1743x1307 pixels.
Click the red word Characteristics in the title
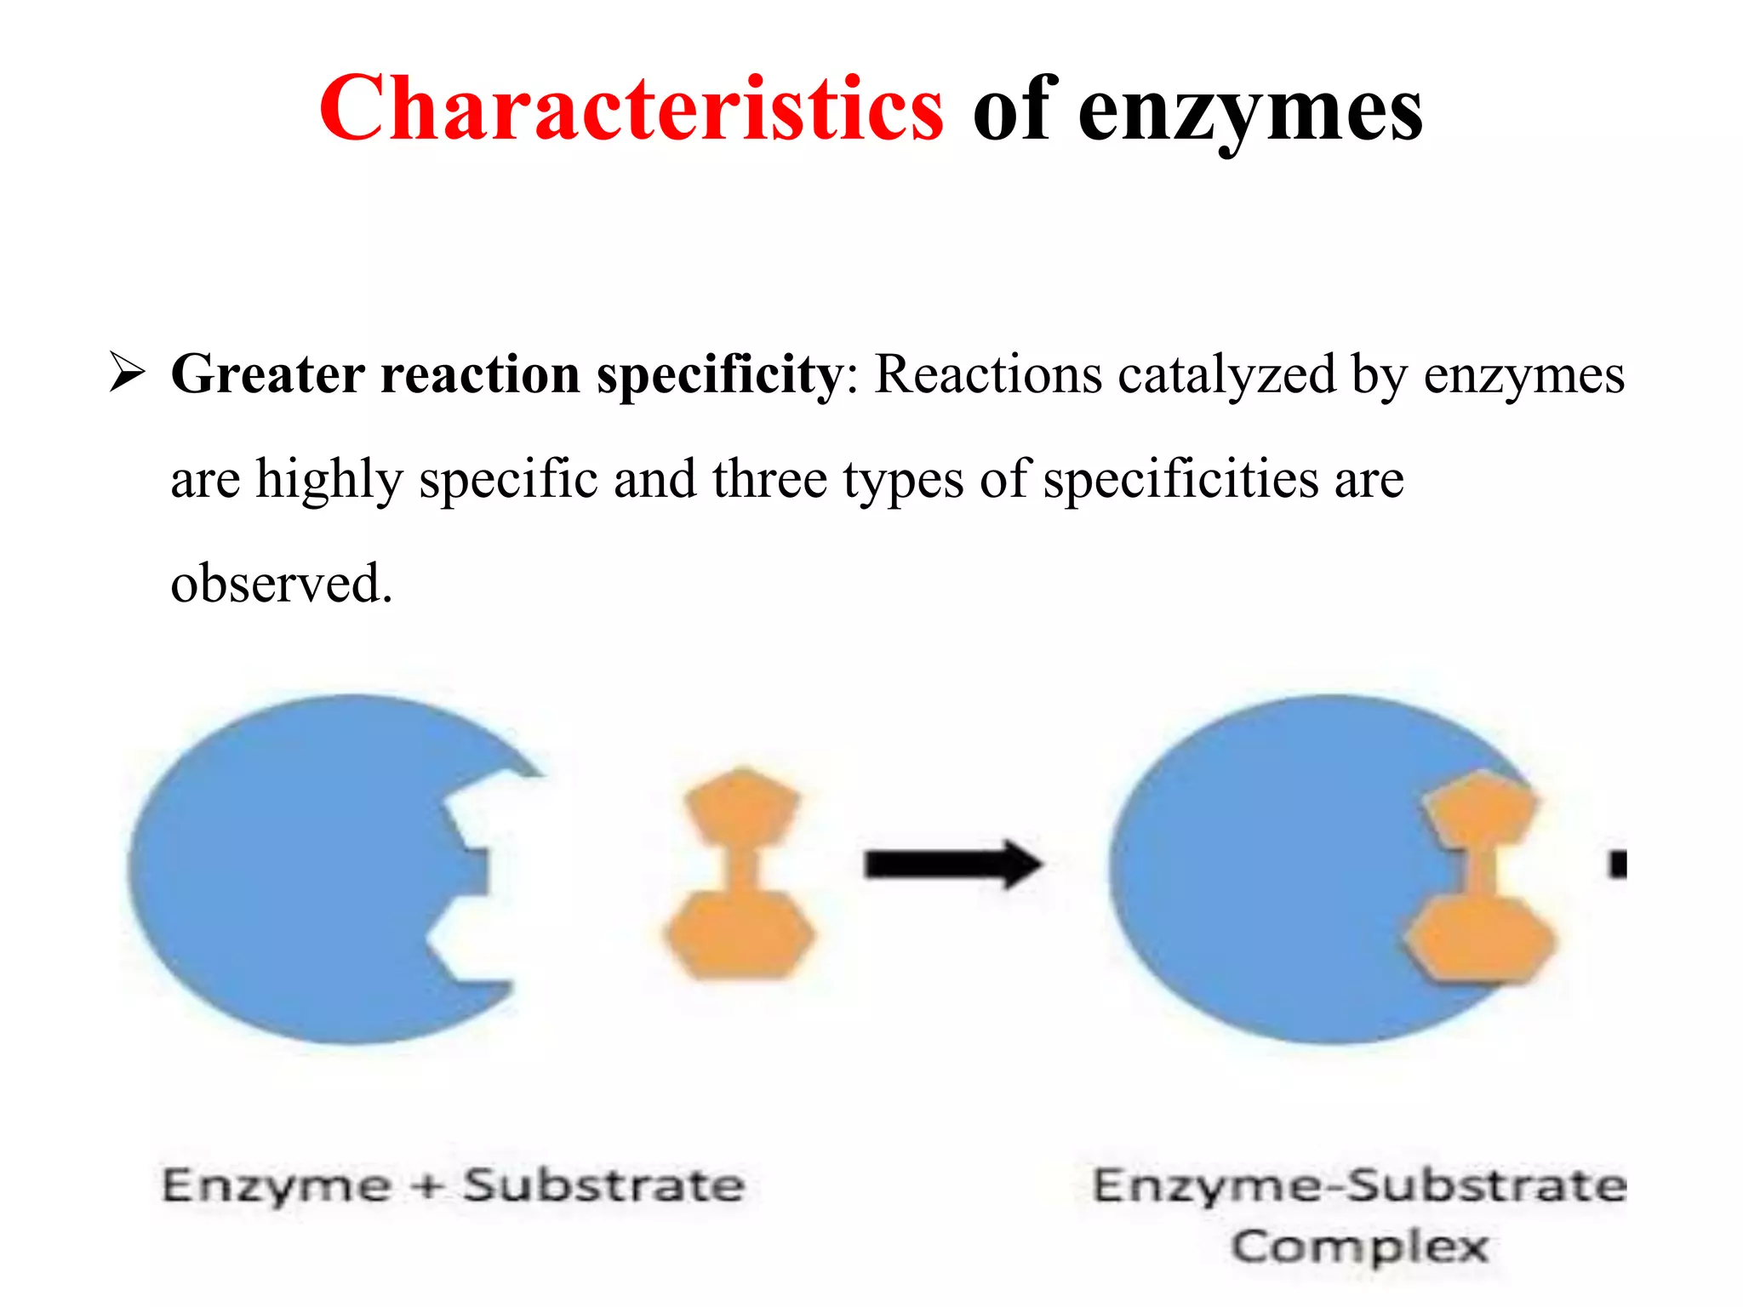pos(631,109)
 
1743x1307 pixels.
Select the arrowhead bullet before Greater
pos(127,374)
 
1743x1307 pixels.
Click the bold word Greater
pos(268,374)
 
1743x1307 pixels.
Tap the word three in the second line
pos(769,479)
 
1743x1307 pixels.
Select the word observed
pos(281,584)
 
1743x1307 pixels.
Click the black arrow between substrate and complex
pos(952,865)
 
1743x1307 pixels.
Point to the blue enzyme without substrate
pos(298,868)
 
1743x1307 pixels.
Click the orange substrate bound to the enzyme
pos(1480,876)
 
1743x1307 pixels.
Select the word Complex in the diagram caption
pos(1359,1247)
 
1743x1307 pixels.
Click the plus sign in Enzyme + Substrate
pos(428,1186)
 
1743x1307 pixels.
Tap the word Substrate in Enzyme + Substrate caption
pos(603,1186)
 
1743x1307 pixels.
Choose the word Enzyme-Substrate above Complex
pos(1358,1186)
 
